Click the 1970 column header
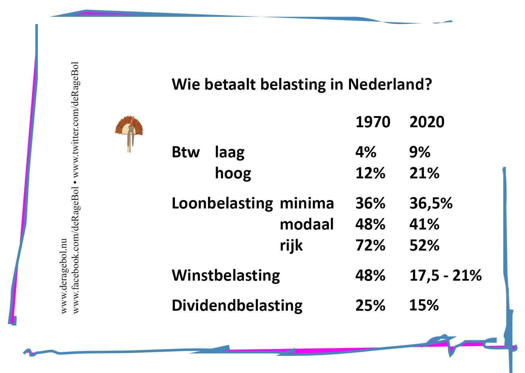point(373,122)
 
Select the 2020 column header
point(427,122)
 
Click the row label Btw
point(186,152)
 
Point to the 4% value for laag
point(366,152)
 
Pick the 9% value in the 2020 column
point(420,152)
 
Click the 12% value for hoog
point(370,173)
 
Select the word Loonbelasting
point(222,203)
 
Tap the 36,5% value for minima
point(431,203)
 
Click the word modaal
point(307,224)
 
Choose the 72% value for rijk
point(370,245)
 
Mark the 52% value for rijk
point(424,245)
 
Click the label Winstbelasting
point(226,276)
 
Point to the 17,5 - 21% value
point(446,275)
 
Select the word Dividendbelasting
point(237,306)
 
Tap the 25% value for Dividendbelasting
point(370,305)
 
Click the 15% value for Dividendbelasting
point(424,305)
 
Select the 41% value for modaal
point(424,224)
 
